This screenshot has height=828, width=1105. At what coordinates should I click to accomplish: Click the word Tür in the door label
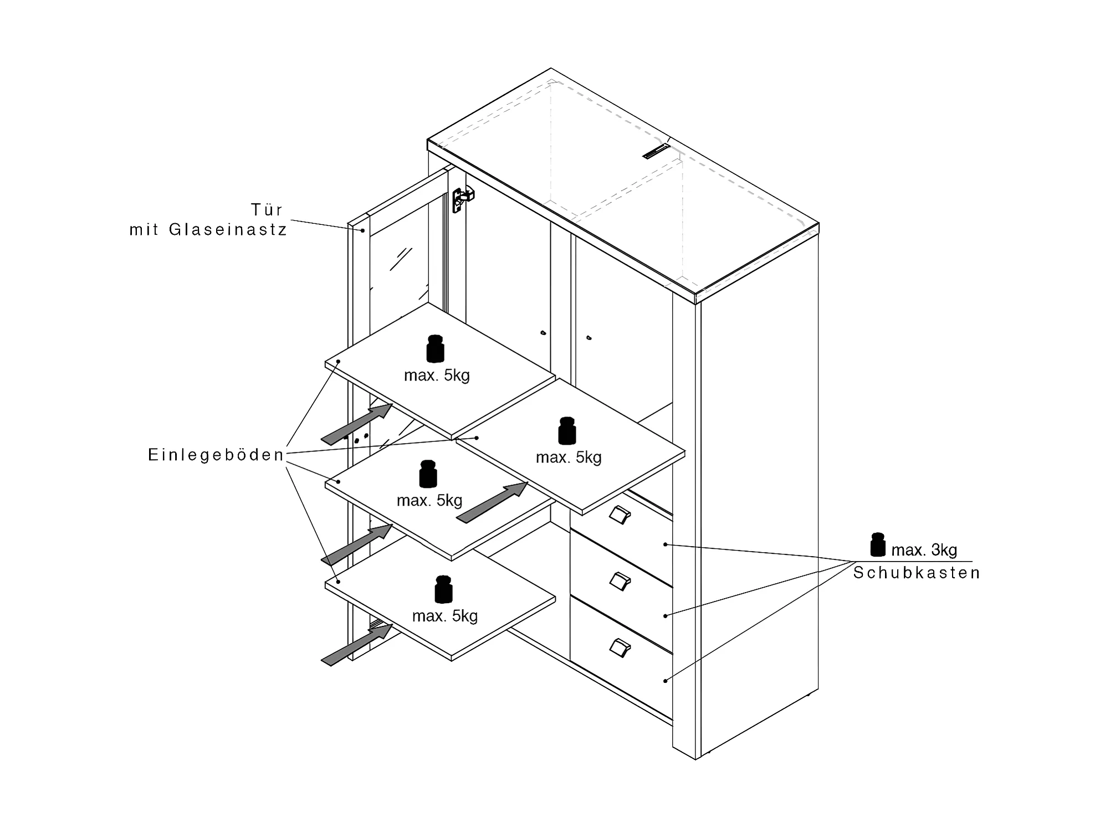(x=267, y=210)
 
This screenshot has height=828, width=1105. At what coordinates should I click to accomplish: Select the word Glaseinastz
(x=228, y=230)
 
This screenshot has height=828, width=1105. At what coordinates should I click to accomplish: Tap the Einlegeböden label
(x=216, y=455)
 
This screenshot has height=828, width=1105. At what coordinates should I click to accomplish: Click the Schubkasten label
(x=917, y=573)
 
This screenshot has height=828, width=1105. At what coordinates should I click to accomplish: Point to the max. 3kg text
(x=924, y=550)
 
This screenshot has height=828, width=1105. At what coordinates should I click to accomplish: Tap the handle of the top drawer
(x=620, y=515)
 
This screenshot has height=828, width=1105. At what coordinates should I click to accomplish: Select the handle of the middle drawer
(x=620, y=582)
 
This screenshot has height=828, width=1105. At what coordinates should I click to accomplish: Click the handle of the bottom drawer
(x=620, y=648)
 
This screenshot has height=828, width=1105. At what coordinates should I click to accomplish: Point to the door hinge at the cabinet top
(x=462, y=199)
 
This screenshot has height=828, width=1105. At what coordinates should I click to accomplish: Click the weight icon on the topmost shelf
(x=435, y=348)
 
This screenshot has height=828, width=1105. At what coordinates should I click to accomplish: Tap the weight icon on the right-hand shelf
(x=566, y=431)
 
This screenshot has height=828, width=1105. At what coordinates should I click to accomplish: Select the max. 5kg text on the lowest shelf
(x=444, y=616)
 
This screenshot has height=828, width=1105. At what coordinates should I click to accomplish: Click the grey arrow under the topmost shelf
(x=357, y=424)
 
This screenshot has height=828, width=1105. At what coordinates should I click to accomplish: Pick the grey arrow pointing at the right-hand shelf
(x=492, y=503)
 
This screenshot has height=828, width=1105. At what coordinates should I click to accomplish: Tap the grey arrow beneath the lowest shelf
(x=357, y=645)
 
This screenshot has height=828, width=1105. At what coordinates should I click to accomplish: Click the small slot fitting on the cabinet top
(x=656, y=151)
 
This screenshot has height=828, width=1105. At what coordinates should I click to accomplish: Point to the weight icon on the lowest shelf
(x=443, y=589)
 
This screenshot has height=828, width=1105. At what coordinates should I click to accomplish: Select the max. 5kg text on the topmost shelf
(x=437, y=376)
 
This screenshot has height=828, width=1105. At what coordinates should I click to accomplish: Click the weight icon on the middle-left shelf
(x=428, y=474)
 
